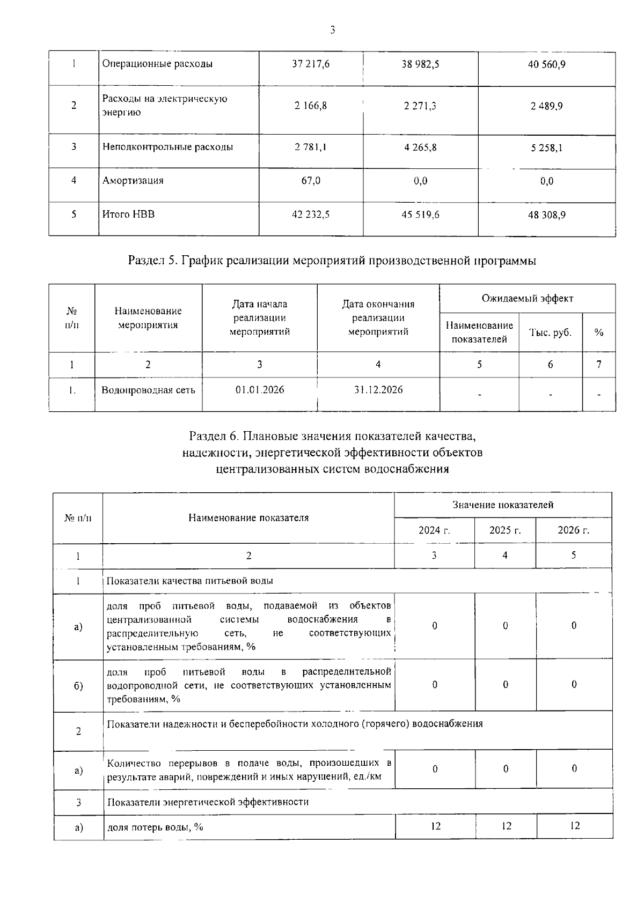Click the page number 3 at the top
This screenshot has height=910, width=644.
tap(332, 31)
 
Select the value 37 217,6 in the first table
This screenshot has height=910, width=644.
tap(311, 64)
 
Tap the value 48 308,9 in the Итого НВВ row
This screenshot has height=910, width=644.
tap(546, 215)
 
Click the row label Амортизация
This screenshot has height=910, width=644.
tap(133, 181)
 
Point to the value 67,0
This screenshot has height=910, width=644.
tap(311, 181)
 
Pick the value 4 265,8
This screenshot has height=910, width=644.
tap(420, 147)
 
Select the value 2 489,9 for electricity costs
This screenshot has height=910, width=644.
tap(546, 106)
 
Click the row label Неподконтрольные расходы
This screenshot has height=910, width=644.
tap(167, 147)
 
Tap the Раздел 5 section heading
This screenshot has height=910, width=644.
tap(332, 261)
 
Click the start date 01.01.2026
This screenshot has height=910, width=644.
tap(260, 390)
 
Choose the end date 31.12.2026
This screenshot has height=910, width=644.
tap(378, 390)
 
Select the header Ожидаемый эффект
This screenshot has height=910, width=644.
tap(527, 299)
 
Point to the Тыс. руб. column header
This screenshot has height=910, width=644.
tap(550, 332)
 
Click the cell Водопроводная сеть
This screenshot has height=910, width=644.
tap(148, 390)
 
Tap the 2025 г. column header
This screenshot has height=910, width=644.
tap(505, 530)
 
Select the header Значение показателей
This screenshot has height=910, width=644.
tap(503, 505)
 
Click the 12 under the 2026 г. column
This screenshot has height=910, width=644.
tap(574, 826)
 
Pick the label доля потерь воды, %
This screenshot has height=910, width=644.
tap(155, 827)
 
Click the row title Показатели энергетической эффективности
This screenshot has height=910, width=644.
tap(208, 802)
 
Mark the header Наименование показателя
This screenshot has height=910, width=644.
tap(248, 518)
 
